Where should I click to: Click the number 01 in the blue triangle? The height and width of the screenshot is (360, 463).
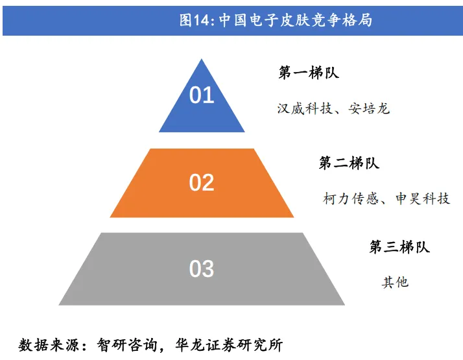(x=202, y=95)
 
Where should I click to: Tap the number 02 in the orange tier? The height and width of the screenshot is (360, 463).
(x=202, y=182)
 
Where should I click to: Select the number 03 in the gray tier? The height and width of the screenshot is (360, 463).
(x=202, y=269)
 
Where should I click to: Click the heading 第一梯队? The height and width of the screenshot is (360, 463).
(x=309, y=73)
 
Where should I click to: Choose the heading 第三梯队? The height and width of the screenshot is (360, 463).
(x=399, y=247)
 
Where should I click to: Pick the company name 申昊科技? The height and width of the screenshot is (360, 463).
(x=422, y=198)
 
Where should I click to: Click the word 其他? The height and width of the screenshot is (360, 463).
(x=395, y=282)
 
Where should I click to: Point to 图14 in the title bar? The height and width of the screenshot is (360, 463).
(x=195, y=20)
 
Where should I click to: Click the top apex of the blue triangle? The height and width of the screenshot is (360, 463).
(x=202, y=59)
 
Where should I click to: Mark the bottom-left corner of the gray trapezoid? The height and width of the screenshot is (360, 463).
(x=59, y=304)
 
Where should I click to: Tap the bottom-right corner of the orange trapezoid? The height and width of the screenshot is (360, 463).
(x=294, y=217)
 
